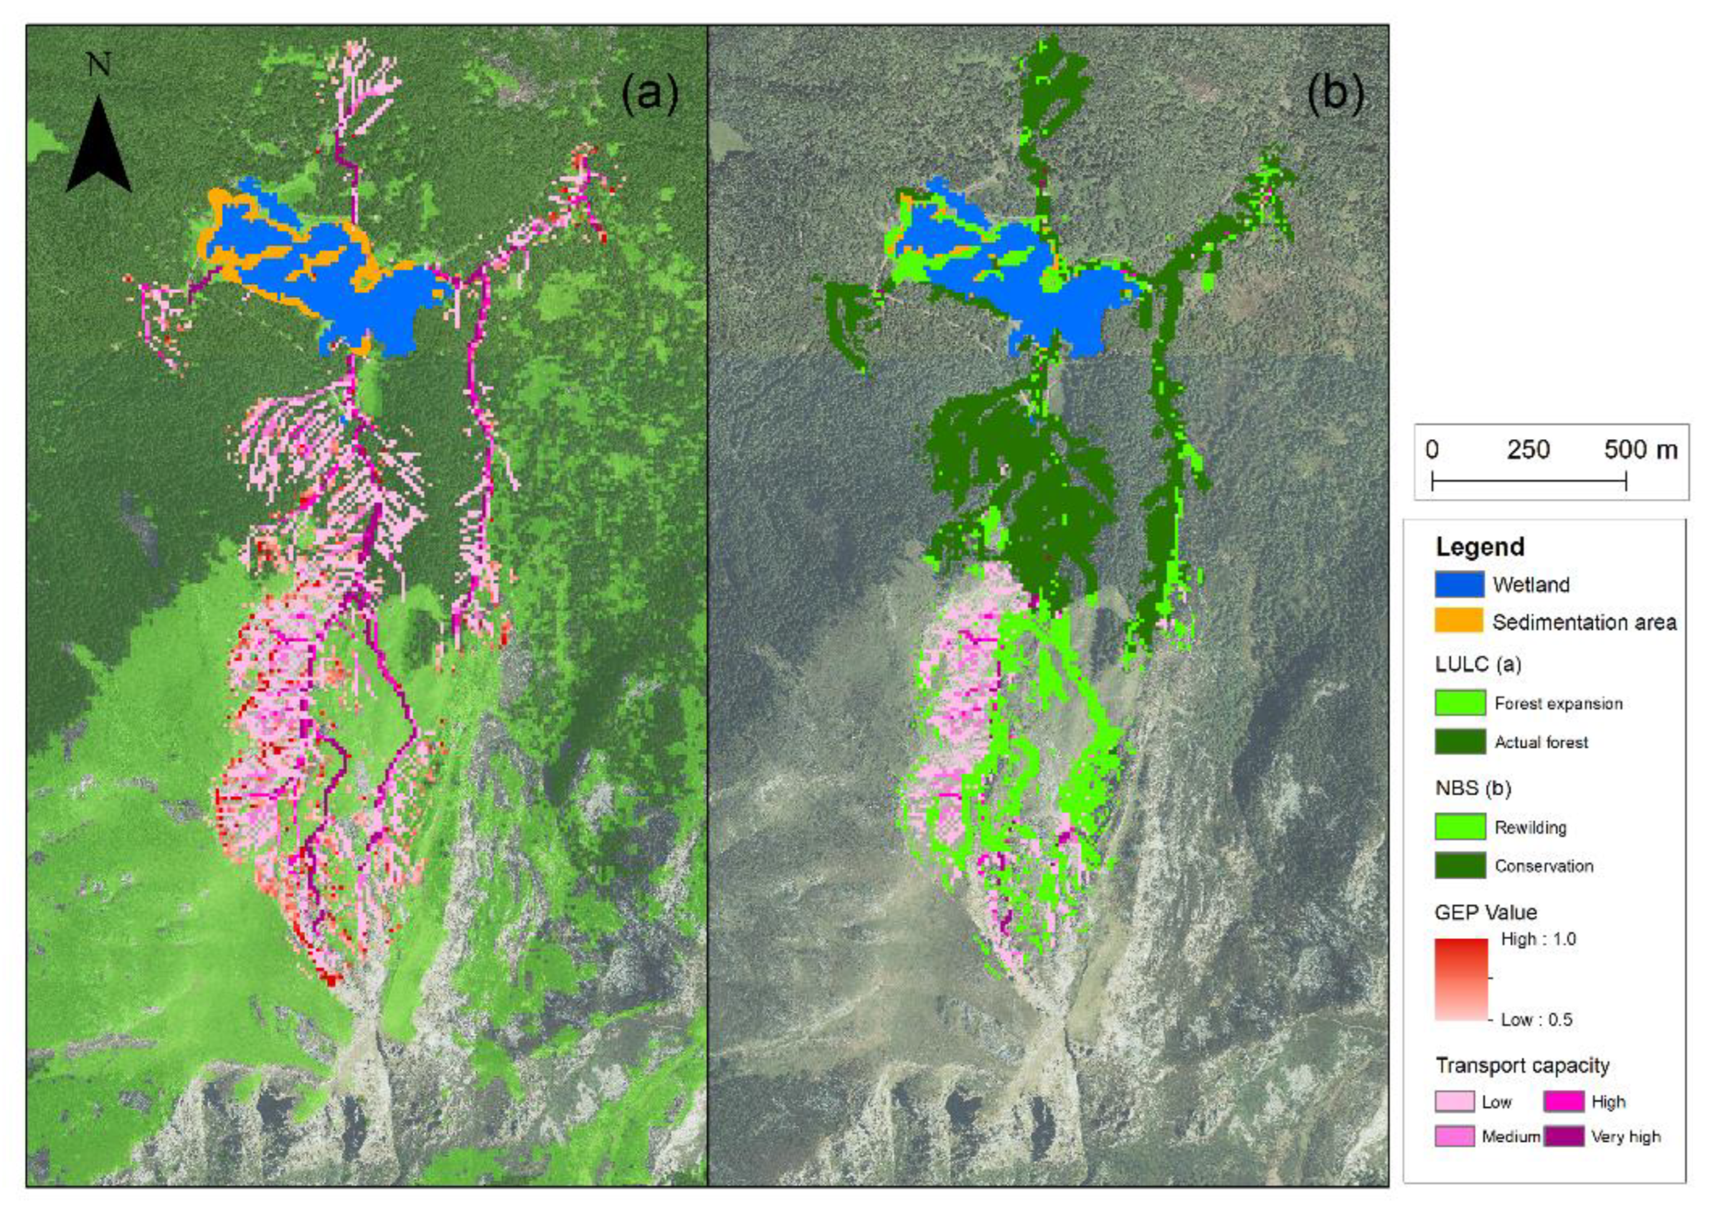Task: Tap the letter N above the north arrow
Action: click(x=98, y=65)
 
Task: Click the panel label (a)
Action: click(x=650, y=95)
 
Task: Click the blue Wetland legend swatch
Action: click(x=1458, y=584)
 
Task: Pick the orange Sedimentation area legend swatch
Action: click(x=1458, y=622)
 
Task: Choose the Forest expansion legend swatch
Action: click(x=1459, y=703)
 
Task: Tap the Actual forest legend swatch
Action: click(x=1459, y=742)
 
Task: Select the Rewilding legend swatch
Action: click(x=1459, y=827)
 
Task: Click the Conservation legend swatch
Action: click(x=1459, y=866)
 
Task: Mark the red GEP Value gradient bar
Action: click(x=1460, y=979)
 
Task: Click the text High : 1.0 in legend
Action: click(x=1538, y=940)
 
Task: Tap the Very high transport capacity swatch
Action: click(x=1563, y=1136)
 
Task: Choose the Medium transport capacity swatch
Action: click(x=1454, y=1136)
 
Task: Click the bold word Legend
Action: click(x=1480, y=547)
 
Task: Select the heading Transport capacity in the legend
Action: click(x=1522, y=1066)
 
